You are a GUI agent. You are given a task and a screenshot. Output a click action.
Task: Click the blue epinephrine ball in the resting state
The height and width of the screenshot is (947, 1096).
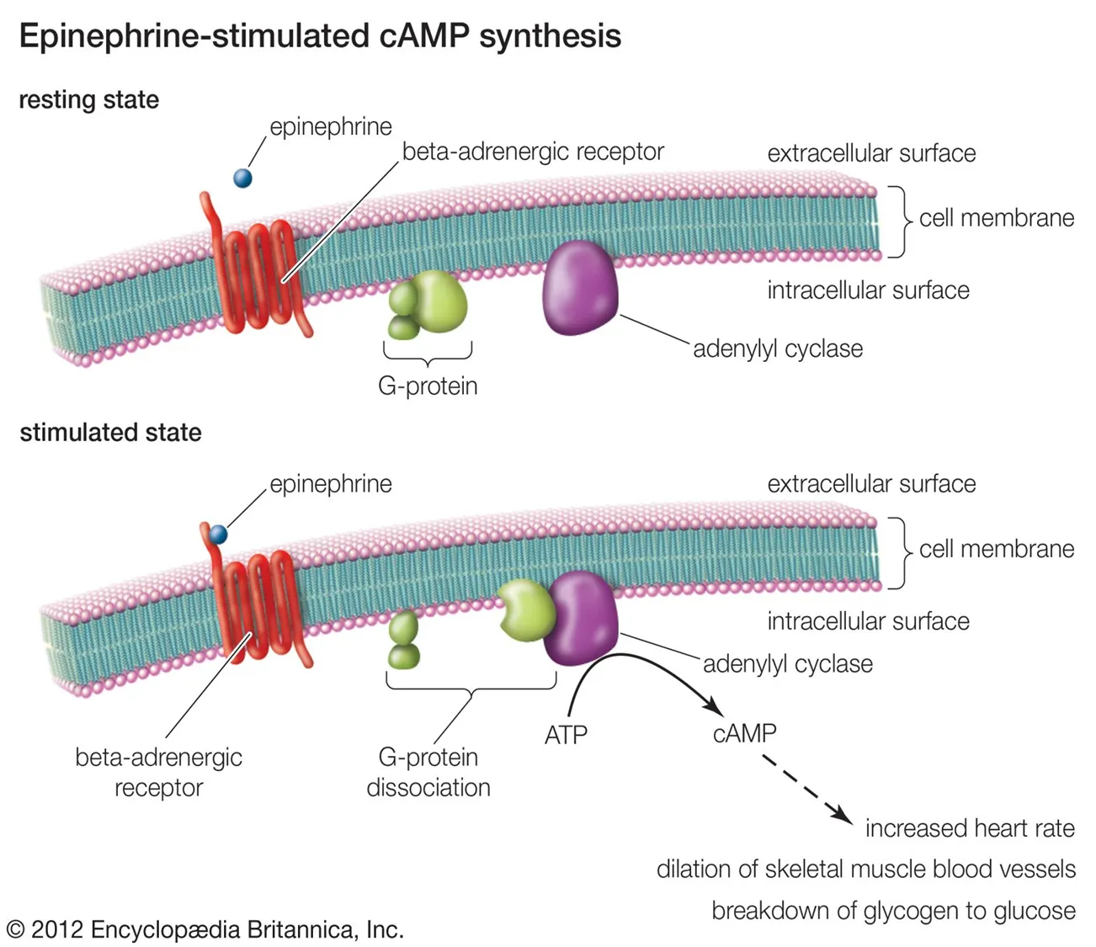pyautogui.click(x=242, y=178)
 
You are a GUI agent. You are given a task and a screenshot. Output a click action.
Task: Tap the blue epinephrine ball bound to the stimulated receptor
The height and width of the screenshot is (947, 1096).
pyautogui.click(x=219, y=535)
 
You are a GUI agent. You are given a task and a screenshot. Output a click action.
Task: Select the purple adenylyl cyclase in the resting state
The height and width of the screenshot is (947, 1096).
pyautogui.click(x=581, y=287)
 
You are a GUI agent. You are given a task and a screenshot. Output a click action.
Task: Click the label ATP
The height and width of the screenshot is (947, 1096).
pyautogui.click(x=566, y=736)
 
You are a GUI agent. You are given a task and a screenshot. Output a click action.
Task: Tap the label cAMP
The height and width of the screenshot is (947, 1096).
pyautogui.click(x=744, y=733)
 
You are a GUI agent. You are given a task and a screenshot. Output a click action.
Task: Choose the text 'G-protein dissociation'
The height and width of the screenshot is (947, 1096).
pyautogui.click(x=428, y=772)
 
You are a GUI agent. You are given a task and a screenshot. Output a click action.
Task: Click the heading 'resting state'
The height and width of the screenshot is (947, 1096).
pyautogui.click(x=88, y=100)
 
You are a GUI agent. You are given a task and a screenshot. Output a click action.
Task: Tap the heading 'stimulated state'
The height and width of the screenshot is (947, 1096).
pyautogui.click(x=110, y=433)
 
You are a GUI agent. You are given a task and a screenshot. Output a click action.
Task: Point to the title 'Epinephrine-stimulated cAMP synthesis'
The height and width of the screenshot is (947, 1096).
pyautogui.click(x=320, y=36)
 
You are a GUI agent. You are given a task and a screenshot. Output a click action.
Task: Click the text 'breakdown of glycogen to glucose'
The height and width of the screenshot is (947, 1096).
pyautogui.click(x=893, y=911)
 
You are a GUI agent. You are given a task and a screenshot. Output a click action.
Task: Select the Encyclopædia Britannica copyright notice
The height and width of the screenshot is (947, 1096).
pyautogui.click(x=205, y=929)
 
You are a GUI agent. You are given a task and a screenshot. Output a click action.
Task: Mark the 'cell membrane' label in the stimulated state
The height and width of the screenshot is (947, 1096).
pyautogui.click(x=996, y=549)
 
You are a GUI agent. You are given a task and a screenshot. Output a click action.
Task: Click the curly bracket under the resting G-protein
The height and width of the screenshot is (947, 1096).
pyautogui.click(x=428, y=354)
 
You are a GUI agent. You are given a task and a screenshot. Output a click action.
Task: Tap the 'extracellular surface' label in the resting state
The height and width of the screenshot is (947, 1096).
pyautogui.click(x=871, y=153)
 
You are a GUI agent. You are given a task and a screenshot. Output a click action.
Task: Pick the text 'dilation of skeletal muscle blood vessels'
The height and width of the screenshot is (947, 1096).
pyautogui.click(x=865, y=869)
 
